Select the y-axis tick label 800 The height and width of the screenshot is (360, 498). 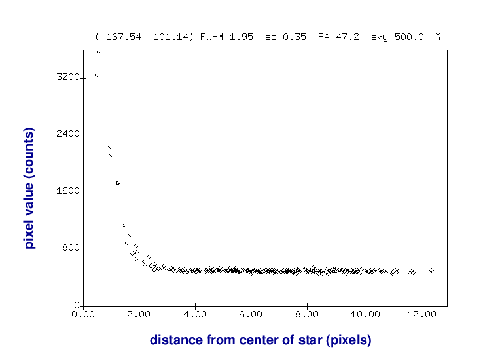pyautogui.click(x=71, y=249)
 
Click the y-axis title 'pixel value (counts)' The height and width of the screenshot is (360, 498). pyautogui.click(x=29, y=189)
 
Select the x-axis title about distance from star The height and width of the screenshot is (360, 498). pyautogui.click(x=260, y=340)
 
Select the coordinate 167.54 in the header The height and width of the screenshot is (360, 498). pyautogui.click(x=123, y=37)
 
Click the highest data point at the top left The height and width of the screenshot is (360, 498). pyautogui.click(x=98, y=52)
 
